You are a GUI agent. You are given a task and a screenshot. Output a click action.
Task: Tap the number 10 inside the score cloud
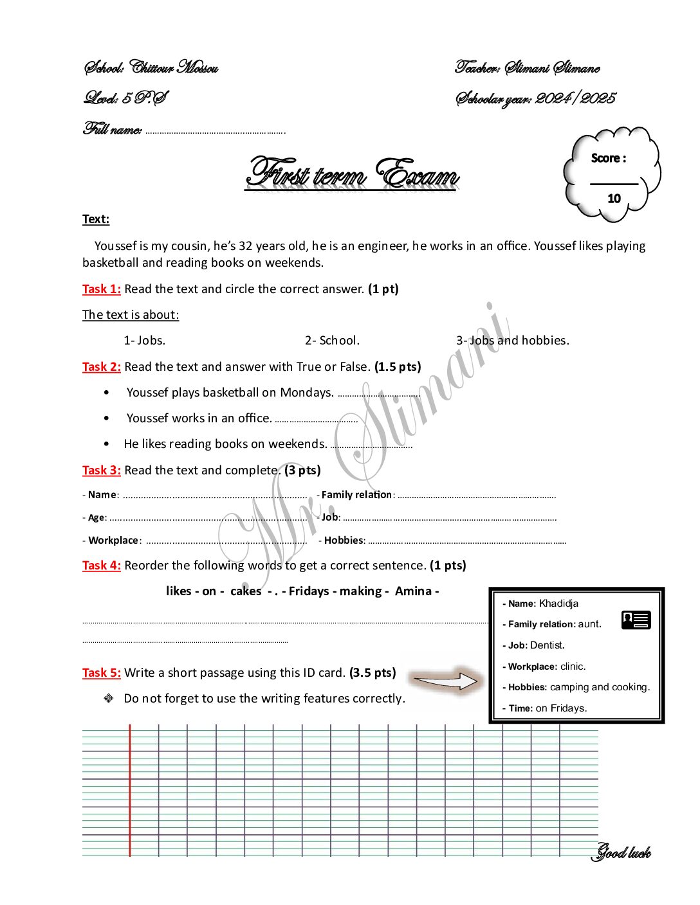[614, 199]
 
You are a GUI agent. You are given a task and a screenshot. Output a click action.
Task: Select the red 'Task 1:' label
[102, 289]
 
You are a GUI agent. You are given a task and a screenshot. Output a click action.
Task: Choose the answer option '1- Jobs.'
[145, 341]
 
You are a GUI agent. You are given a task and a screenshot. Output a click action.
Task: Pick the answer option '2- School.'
[332, 341]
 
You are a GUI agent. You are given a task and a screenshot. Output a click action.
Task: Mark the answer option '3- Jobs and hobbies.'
[513, 341]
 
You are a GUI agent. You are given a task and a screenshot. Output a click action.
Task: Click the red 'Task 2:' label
[102, 367]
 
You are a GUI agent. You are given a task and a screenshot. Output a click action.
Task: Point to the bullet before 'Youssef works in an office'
[106, 418]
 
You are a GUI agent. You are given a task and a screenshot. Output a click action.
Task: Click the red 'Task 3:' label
[102, 470]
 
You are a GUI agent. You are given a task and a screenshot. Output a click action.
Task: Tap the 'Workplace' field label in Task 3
[113, 541]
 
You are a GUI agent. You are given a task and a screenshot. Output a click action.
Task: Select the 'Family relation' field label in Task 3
[356, 495]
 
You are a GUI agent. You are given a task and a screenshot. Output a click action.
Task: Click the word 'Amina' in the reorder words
[413, 591]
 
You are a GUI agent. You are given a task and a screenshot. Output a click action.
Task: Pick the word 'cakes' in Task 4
[246, 591]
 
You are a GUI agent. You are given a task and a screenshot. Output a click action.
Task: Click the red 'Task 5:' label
[102, 673]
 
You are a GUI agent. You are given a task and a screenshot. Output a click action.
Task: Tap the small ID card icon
[636, 620]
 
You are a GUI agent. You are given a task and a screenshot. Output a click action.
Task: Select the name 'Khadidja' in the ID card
[558, 604]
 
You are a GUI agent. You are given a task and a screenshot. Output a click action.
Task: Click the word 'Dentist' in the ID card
[546, 645]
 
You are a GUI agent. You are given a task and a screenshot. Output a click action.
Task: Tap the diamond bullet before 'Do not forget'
[109, 698]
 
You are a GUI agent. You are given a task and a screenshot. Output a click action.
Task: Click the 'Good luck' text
[622, 853]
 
